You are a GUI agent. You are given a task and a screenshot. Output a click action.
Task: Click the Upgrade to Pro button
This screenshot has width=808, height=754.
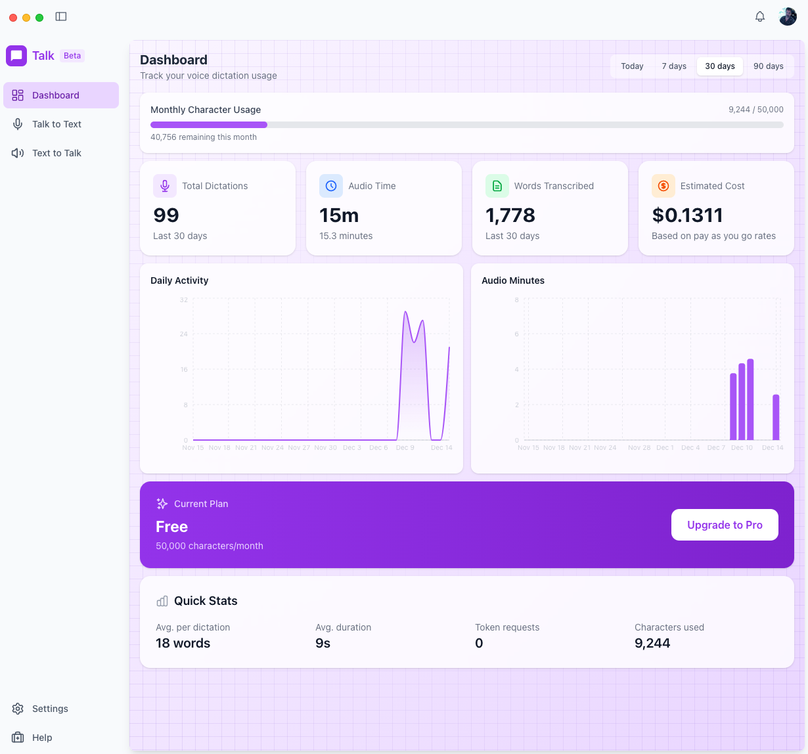click(725, 525)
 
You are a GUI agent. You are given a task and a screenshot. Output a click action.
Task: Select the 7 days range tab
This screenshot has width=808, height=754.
click(674, 66)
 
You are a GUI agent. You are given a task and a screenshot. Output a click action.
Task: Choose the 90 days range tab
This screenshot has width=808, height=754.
click(768, 66)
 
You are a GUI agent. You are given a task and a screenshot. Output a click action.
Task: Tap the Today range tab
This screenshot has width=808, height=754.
click(632, 66)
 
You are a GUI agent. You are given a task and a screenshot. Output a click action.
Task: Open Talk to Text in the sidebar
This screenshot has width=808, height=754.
click(56, 124)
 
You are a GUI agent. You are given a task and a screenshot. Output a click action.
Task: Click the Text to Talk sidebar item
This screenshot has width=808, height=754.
click(56, 153)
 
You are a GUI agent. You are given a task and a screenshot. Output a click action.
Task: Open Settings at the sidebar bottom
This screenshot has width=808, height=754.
click(50, 709)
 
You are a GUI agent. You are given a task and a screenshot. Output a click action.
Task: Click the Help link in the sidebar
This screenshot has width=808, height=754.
click(42, 738)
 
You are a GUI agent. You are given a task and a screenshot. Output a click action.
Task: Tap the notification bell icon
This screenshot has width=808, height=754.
click(760, 16)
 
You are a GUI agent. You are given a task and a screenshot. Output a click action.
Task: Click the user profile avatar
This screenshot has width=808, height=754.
click(788, 16)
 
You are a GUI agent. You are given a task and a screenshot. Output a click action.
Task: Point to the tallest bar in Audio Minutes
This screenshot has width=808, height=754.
click(750, 399)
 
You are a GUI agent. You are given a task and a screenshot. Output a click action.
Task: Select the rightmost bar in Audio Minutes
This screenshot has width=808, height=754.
click(776, 417)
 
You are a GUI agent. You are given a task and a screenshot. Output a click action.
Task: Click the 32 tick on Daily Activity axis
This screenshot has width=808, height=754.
click(184, 300)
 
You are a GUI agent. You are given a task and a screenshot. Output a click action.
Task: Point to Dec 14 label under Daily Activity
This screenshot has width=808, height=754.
click(441, 448)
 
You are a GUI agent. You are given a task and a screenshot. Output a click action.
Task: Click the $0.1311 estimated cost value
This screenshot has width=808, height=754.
click(687, 215)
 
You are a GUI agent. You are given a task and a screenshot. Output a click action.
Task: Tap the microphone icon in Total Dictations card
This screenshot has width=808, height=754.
click(165, 186)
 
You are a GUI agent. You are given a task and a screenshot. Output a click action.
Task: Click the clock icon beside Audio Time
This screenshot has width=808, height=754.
click(331, 186)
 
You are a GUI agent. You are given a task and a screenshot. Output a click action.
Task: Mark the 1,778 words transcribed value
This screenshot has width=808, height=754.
click(510, 215)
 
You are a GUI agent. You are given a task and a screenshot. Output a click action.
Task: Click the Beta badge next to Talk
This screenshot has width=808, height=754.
click(72, 56)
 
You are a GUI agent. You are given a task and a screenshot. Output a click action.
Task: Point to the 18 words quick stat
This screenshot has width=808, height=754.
click(183, 644)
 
